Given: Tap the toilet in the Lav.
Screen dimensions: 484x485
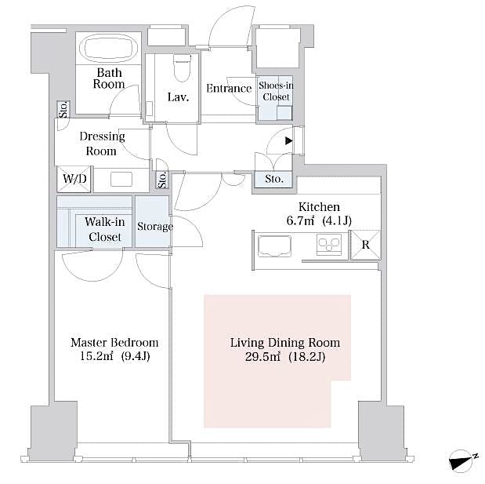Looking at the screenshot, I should pyautogui.click(x=181, y=69).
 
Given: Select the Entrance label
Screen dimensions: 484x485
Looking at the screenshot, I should pyautogui.click(x=228, y=89).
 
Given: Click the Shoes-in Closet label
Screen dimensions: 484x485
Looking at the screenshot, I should pyautogui.click(x=275, y=92).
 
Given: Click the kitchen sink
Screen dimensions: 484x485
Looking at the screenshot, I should pyautogui.click(x=274, y=245).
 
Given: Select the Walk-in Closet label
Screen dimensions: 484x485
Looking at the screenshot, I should pyautogui.click(x=103, y=229).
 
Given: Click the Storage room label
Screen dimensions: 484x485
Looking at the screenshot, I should pyautogui.click(x=154, y=227).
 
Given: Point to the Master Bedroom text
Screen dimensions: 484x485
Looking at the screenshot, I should pyautogui.click(x=114, y=343).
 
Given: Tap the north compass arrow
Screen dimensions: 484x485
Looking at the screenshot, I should pyautogui.click(x=462, y=460).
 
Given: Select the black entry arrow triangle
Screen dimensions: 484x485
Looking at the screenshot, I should pyautogui.click(x=288, y=141).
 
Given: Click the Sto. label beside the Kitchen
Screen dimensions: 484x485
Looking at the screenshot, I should pyautogui.click(x=273, y=180).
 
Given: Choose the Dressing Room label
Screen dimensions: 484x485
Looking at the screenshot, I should pyautogui.click(x=102, y=144).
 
